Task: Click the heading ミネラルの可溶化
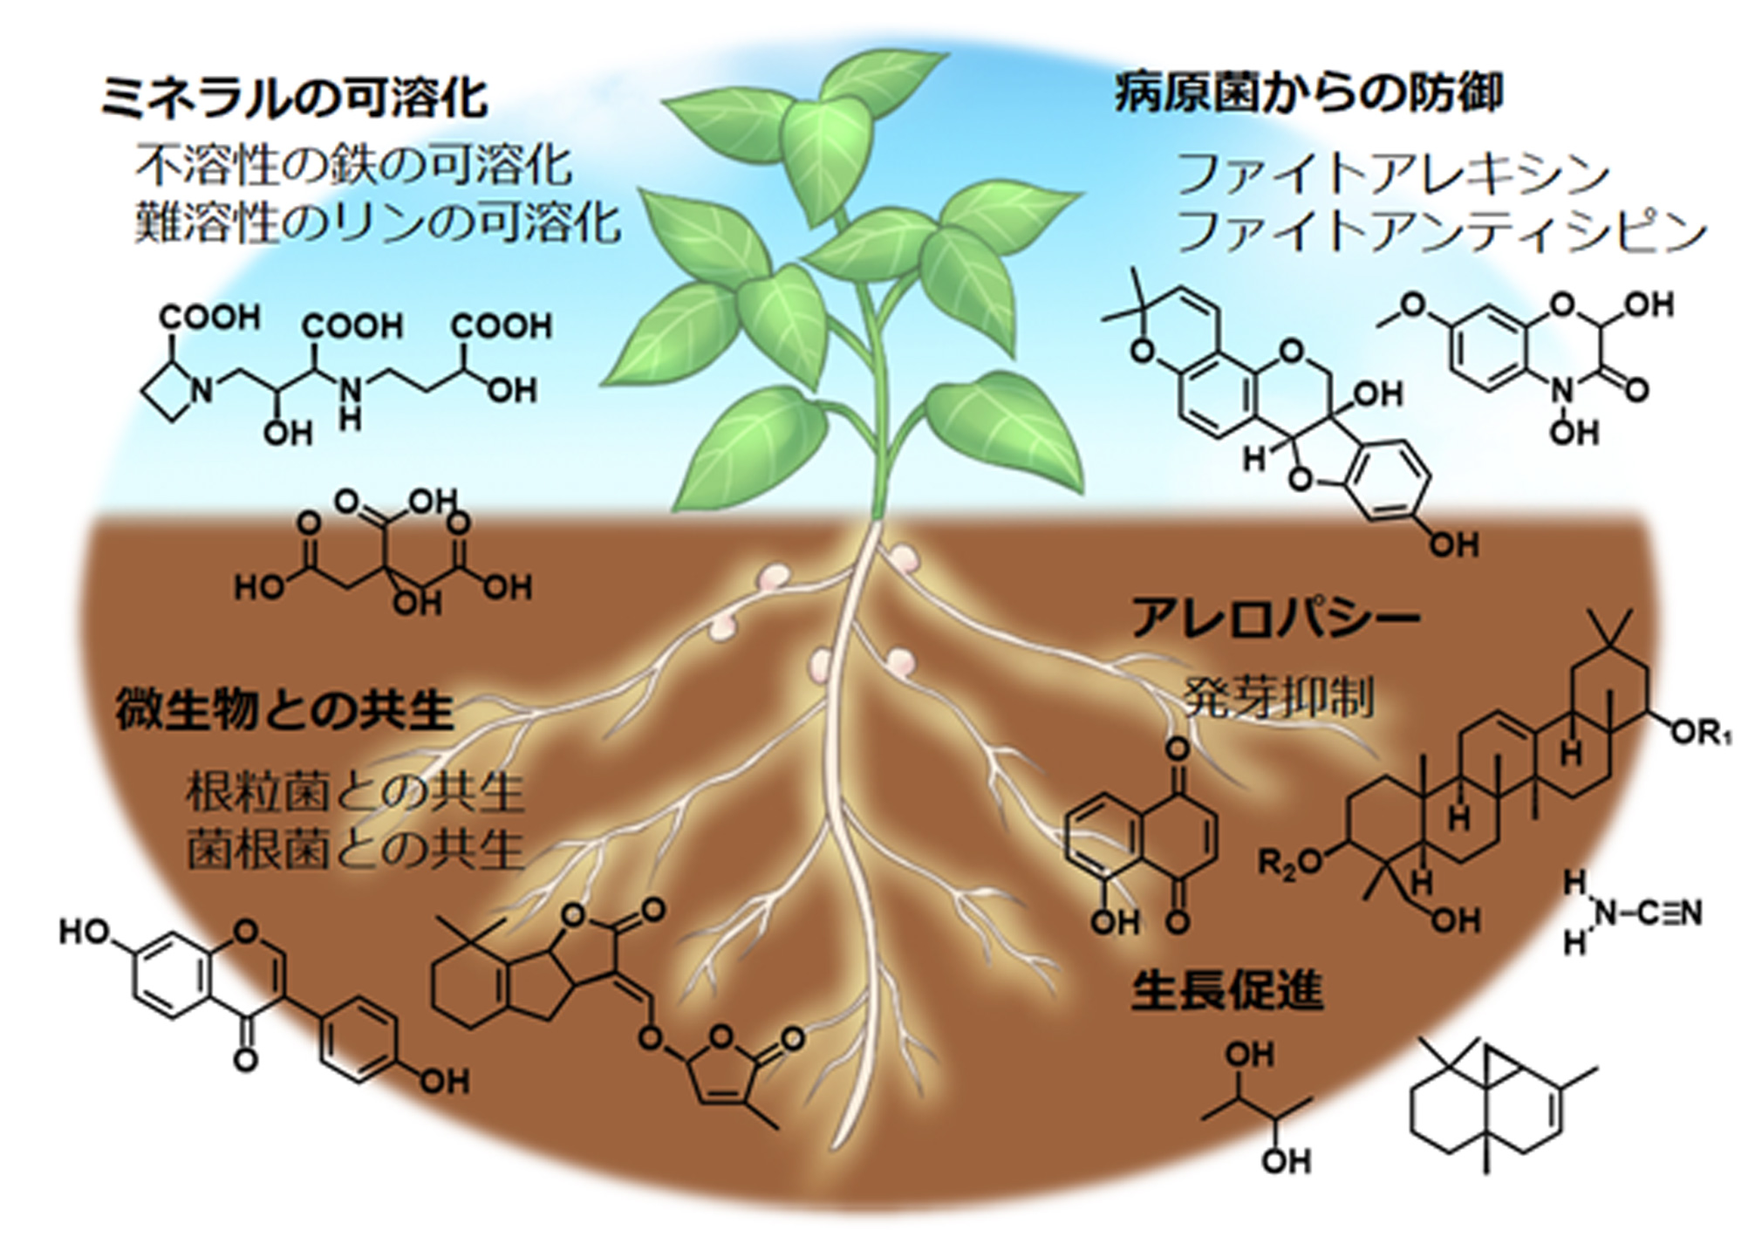coord(294,99)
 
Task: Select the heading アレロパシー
coord(1275,618)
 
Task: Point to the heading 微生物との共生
coord(284,711)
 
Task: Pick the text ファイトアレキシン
coord(1393,174)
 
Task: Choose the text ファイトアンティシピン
coord(1442,231)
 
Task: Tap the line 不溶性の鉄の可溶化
coord(353,166)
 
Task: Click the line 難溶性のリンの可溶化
coord(378,222)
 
